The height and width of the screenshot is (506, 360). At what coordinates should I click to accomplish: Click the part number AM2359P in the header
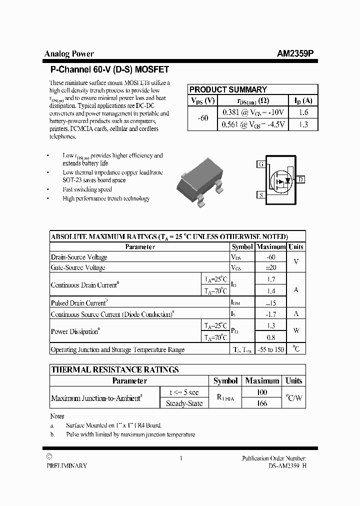coord(295,54)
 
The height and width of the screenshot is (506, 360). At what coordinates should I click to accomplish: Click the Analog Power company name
coord(69,54)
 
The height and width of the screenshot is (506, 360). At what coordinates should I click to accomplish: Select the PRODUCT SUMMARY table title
coord(228,89)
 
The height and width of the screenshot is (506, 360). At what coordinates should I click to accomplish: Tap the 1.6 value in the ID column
coord(303,113)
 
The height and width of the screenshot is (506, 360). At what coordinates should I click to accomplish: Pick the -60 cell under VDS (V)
coord(203,118)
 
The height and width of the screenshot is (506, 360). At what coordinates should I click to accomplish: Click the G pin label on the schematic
coord(260,164)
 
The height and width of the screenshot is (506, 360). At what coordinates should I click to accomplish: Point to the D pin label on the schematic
coord(301,179)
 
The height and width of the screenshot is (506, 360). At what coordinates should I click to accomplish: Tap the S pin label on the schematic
coord(260,195)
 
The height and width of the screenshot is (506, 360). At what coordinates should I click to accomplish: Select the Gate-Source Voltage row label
coord(78,267)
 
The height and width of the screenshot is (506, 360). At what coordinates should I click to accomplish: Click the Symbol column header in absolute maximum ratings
coord(242,246)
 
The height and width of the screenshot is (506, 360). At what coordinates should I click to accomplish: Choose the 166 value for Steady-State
coord(262,403)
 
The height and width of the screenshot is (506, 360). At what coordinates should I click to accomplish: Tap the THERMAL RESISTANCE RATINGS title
coord(115,369)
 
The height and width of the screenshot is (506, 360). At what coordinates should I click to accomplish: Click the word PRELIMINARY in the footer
coord(66,465)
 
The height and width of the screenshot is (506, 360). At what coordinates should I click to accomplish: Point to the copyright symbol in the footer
coord(49,456)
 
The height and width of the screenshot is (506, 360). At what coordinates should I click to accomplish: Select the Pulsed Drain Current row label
coord(79,303)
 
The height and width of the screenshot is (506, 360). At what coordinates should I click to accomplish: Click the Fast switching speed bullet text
coord(87,189)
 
